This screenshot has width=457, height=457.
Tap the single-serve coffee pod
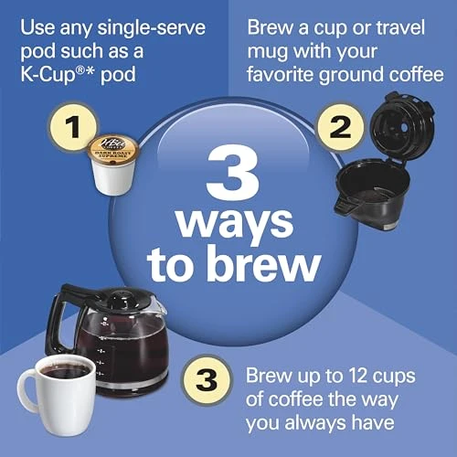pyautogui.click(x=111, y=164)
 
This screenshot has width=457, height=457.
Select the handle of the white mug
pyautogui.click(x=27, y=389)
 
